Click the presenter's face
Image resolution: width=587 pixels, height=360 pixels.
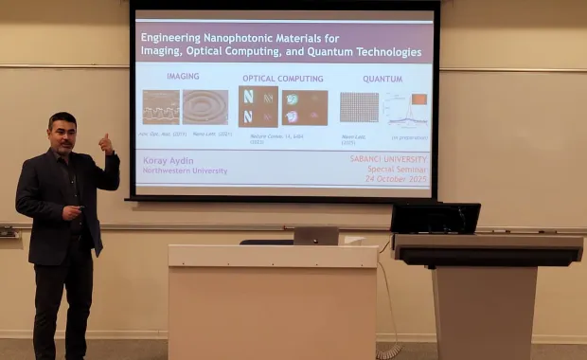[x=62, y=135]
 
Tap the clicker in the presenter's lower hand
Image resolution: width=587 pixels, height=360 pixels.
[x=80, y=207]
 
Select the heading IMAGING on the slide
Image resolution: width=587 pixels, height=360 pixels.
[x=183, y=77]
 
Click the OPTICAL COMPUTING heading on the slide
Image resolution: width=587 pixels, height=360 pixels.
[x=282, y=79]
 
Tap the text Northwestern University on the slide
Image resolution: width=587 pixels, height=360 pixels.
[x=186, y=171]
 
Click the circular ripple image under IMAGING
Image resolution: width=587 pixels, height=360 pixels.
[x=205, y=108]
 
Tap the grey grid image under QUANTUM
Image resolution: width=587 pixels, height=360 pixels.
[x=359, y=108]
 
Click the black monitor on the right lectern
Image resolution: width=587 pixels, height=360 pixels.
[x=436, y=218]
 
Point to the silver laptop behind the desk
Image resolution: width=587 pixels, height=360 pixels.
[x=315, y=236]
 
